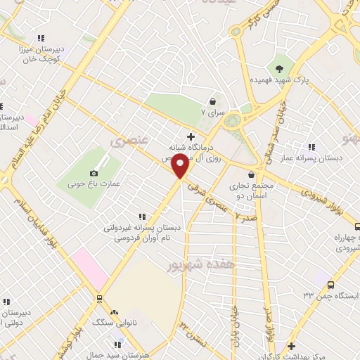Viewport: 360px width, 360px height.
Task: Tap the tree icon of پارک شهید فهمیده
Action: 281,69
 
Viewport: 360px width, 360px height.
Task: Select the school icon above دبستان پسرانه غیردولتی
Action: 142,217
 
